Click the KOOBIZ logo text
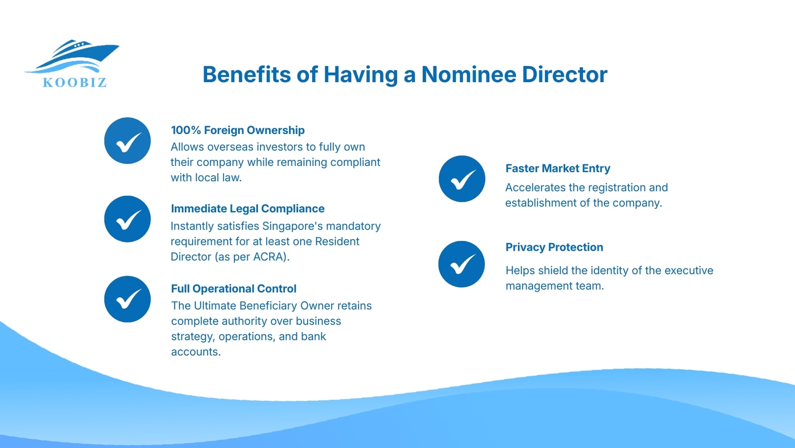[x=75, y=83]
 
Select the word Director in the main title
[x=564, y=74]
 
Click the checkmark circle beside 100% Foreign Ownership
[x=127, y=141]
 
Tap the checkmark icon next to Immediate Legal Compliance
[x=127, y=219]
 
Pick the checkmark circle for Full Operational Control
[x=127, y=299]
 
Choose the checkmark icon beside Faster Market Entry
[x=462, y=179]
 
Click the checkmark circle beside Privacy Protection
[x=462, y=264]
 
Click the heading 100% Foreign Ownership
[x=238, y=130]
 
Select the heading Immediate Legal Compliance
[x=247, y=208]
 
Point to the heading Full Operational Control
[x=233, y=288]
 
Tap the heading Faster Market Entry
[x=557, y=168]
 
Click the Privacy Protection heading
[x=554, y=247]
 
